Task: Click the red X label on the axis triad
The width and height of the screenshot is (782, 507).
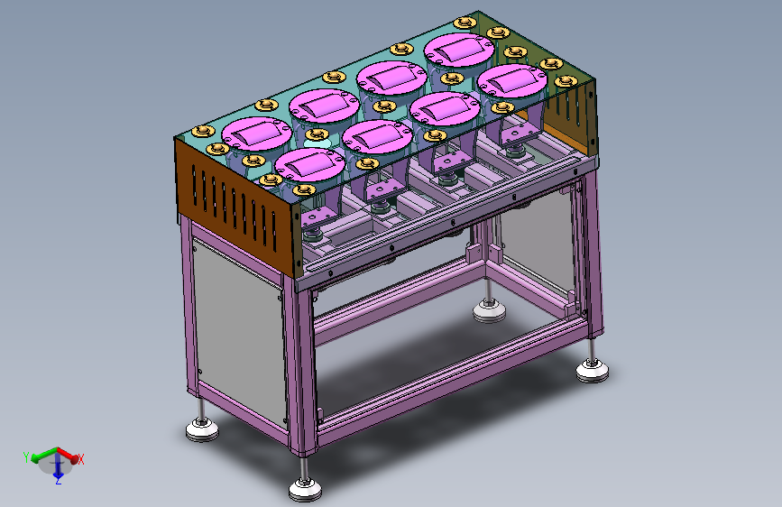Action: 81,459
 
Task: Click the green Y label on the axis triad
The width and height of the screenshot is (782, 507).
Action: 26,457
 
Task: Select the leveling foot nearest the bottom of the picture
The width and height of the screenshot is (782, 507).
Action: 305,489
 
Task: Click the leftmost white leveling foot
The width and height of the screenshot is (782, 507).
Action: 202,430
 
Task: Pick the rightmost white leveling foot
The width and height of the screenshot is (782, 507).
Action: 592,372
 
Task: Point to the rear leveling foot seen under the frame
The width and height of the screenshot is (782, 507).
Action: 489,311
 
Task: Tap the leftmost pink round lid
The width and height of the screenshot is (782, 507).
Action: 256,133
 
